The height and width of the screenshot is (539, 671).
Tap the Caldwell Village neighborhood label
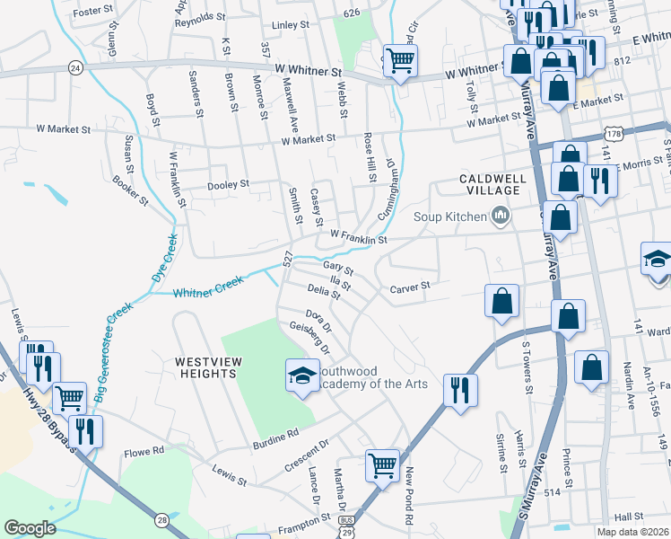point(491,184)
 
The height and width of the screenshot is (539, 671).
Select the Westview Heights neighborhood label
point(212,368)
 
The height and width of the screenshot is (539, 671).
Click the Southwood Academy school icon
point(302,375)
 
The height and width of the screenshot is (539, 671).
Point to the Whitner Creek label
point(208,287)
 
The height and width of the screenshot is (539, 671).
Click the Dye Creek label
point(160,259)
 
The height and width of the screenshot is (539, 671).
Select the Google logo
point(30,528)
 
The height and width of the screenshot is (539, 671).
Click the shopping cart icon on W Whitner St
point(400,61)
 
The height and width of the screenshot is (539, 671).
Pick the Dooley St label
point(228,184)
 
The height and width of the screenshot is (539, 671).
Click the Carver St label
point(411,288)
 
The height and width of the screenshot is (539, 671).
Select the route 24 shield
point(75,67)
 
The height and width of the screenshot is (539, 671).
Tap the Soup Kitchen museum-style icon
point(501,216)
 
